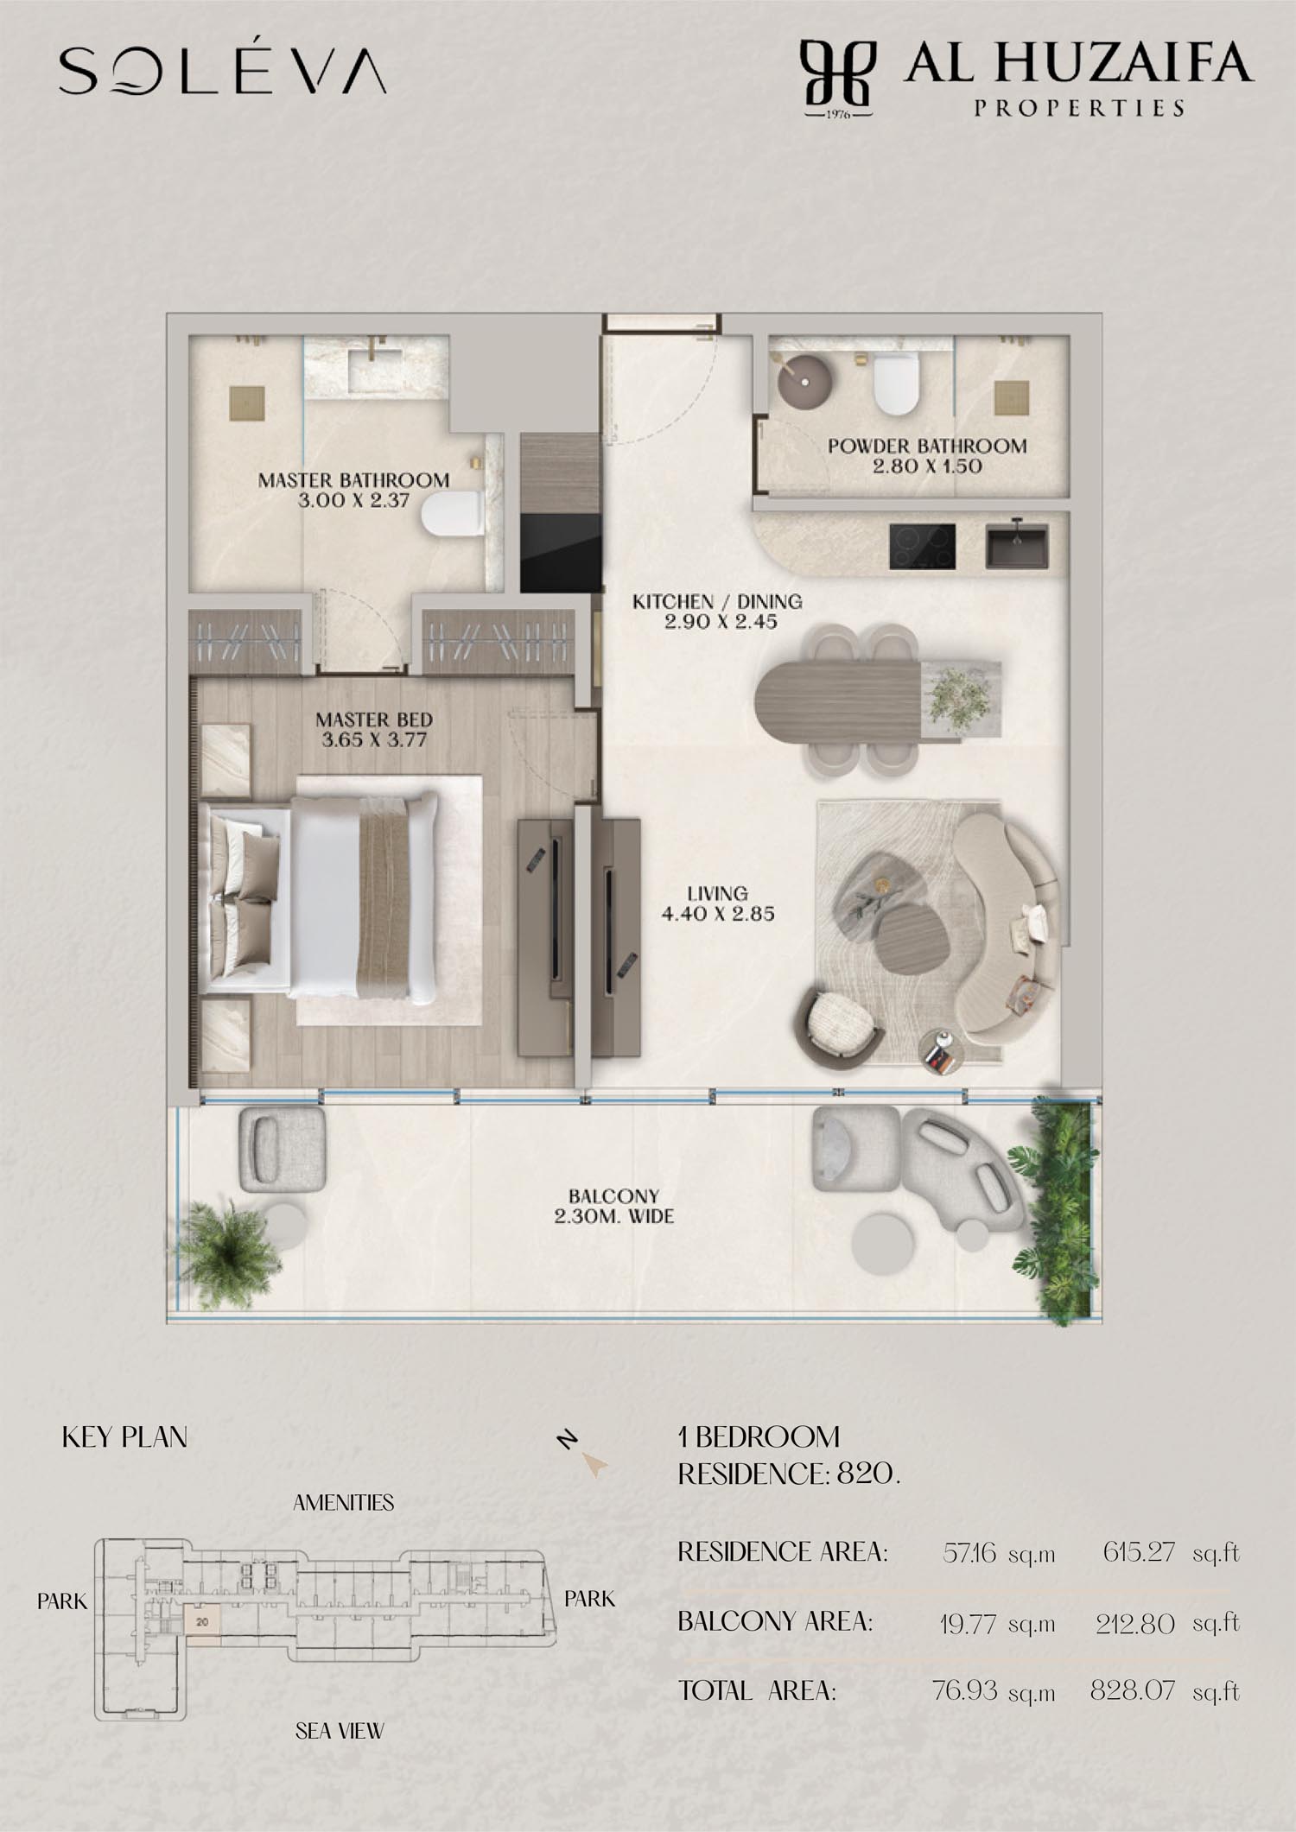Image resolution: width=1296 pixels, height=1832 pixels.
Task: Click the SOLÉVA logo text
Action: point(222,70)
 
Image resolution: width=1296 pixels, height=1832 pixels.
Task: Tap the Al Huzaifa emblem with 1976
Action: point(837,79)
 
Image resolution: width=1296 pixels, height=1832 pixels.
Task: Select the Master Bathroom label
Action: point(353,490)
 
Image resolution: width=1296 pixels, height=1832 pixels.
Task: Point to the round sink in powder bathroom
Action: point(804,380)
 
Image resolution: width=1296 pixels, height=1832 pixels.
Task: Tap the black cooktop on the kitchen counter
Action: point(922,547)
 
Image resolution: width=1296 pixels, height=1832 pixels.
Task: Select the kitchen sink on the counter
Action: point(1017,546)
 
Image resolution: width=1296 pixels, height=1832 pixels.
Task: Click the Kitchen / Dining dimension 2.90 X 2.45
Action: point(721,622)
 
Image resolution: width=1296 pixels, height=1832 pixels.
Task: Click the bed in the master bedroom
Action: point(321,898)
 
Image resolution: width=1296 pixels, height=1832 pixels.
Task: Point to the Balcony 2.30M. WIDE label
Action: point(614,1207)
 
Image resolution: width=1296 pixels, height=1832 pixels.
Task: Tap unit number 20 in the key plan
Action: point(202,1622)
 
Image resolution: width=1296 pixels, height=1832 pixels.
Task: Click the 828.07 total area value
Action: point(1133,1690)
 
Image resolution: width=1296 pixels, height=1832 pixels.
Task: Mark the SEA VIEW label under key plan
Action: point(340,1731)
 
